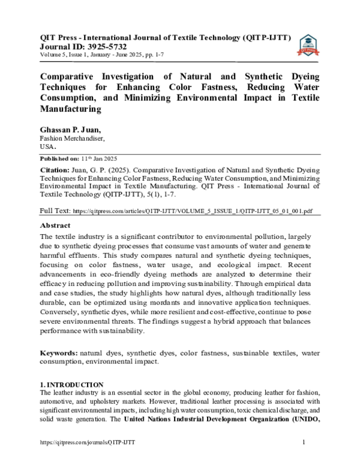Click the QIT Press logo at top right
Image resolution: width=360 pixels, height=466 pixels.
[x=308, y=46]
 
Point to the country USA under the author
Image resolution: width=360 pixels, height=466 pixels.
[x=48, y=146]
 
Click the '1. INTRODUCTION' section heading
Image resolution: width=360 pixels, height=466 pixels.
[x=71, y=384]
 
